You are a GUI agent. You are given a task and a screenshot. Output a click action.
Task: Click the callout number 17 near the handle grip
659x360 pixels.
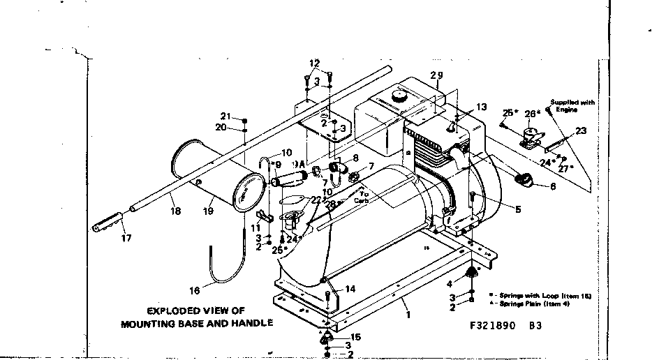(126, 237)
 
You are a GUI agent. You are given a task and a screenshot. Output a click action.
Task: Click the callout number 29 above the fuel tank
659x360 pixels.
(437, 75)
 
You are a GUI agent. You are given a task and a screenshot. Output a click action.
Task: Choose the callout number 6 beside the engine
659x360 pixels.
(553, 186)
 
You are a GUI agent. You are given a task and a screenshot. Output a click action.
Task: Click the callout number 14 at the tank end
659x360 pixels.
(350, 288)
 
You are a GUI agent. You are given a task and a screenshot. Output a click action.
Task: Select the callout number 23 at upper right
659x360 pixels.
(581, 130)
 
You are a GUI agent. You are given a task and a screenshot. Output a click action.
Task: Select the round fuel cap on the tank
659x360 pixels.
(400, 94)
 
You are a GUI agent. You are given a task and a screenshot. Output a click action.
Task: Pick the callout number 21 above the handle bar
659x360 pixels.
(225, 116)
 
